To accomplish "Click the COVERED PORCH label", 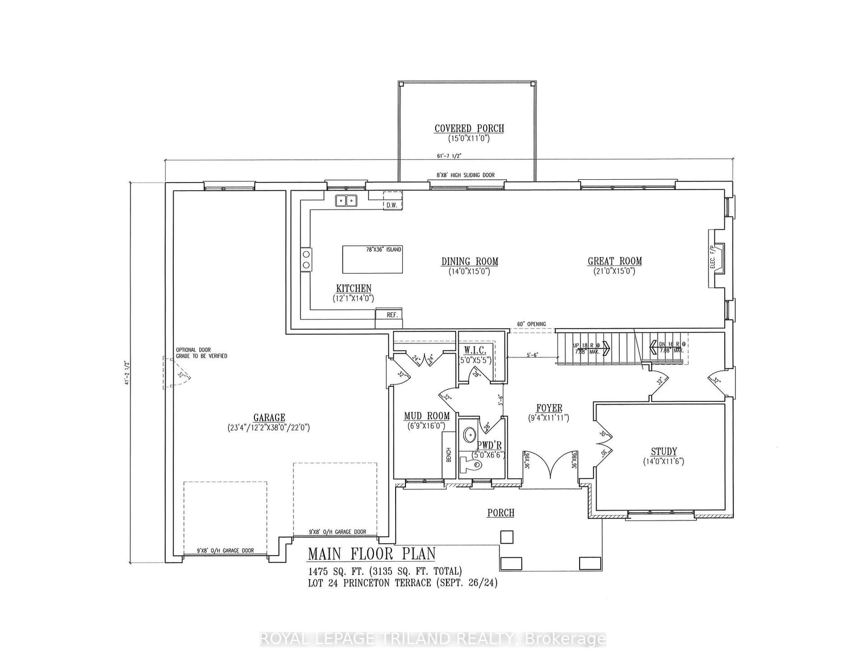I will pos(469,128).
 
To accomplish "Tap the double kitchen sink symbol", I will pos(346,201).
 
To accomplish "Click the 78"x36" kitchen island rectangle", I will pos(372,260).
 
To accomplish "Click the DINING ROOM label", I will pos(469,262).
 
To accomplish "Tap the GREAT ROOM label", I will pos(615,261).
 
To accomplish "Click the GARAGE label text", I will pos(269,418).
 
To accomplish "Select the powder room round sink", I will pos(469,434).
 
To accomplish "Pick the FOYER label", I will pos(549,408).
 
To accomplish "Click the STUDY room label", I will pos(664,451).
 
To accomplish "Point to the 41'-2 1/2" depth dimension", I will pos(126,374).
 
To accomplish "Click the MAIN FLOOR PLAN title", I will pos(371,554).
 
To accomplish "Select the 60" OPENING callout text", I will pos(532,324).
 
